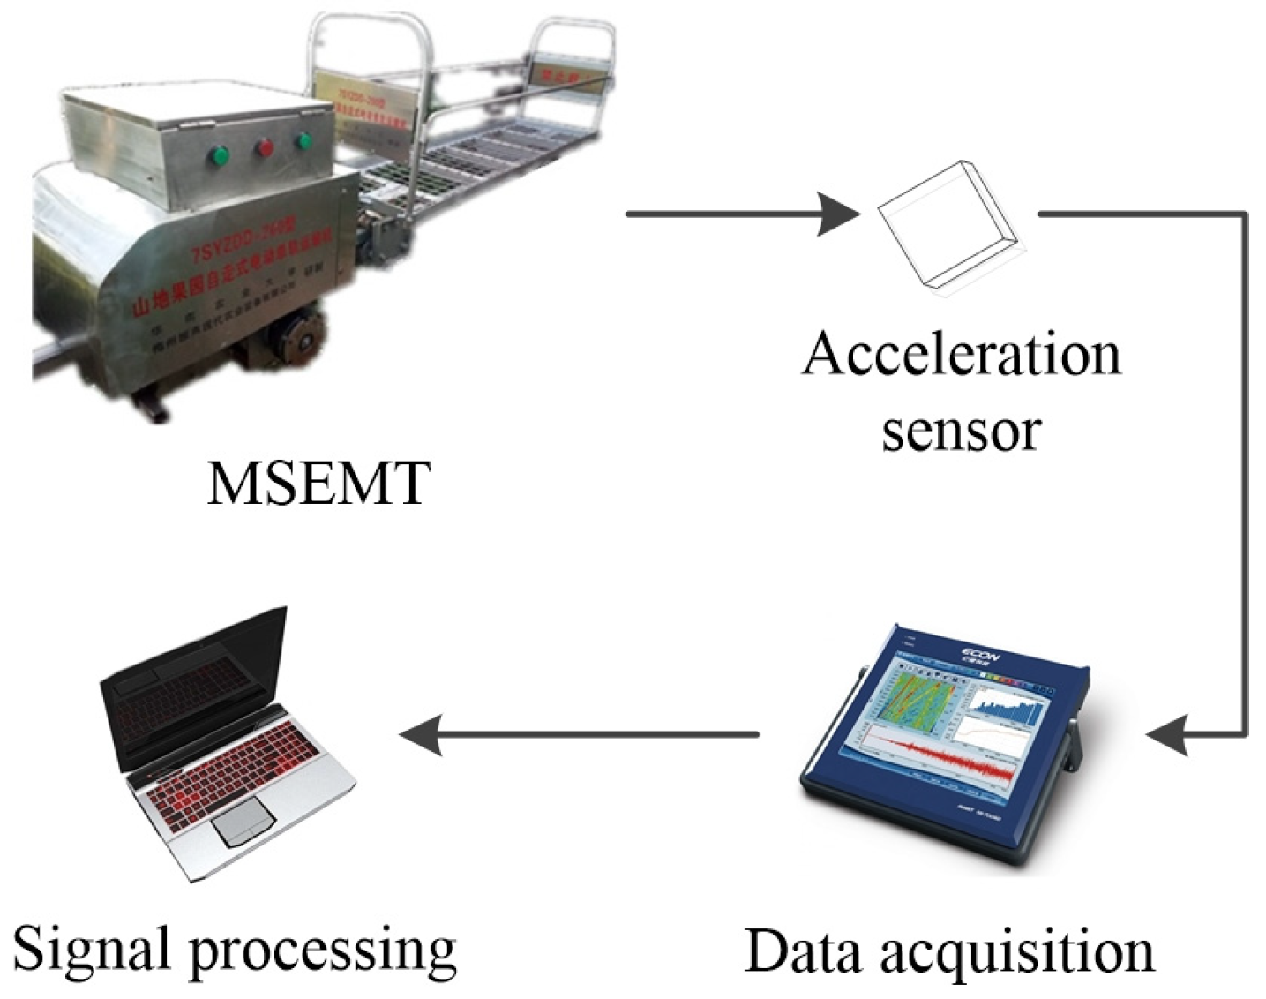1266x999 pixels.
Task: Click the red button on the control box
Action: pyautogui.click(x=264, y=147)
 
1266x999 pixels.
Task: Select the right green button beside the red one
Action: pyautogui.click(x=304, y=140)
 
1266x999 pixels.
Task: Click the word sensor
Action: pyautogui.click(x=961, y=430)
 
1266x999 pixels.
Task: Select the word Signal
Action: pyautogui.click(x=91, y=950)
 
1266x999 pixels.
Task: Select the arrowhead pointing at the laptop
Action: pyautogui.click(x=422, y=734)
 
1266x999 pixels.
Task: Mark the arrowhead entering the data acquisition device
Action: pyautogui.click(x=1168, y=734)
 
